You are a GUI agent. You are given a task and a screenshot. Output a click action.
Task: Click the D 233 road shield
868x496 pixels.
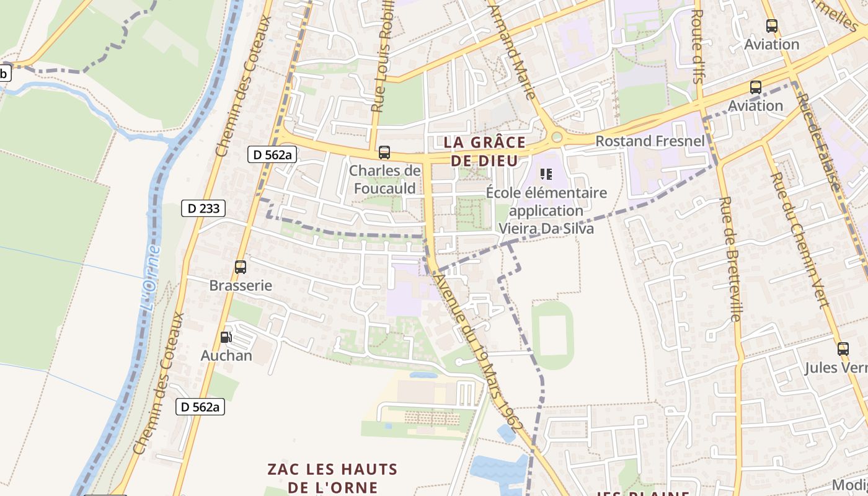point(203,208)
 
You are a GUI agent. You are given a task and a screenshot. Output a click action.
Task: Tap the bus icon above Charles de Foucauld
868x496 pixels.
point(384,152)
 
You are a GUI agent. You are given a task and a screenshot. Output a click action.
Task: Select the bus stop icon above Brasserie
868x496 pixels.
point(241,267)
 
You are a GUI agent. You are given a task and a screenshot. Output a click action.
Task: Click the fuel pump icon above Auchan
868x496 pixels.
point(226,337)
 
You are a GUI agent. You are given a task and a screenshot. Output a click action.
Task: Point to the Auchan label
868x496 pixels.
point(226,356)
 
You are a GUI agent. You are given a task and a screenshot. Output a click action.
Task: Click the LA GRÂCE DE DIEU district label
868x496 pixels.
point(484,151)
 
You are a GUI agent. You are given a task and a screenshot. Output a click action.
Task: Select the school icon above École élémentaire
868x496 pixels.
point(546,174)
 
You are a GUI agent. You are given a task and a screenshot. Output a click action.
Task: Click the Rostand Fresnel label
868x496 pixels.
point(650,141)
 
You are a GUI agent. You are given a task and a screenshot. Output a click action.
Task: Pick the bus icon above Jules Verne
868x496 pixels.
point(843,348)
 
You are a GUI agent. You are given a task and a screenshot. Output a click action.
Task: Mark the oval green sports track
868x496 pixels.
point(552,335)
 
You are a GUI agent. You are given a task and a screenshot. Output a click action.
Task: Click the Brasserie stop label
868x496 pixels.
point(241,286)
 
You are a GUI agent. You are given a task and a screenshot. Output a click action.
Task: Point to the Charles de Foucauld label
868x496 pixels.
point(384,179)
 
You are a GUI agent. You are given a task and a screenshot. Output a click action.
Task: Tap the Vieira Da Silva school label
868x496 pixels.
point(546,228)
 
